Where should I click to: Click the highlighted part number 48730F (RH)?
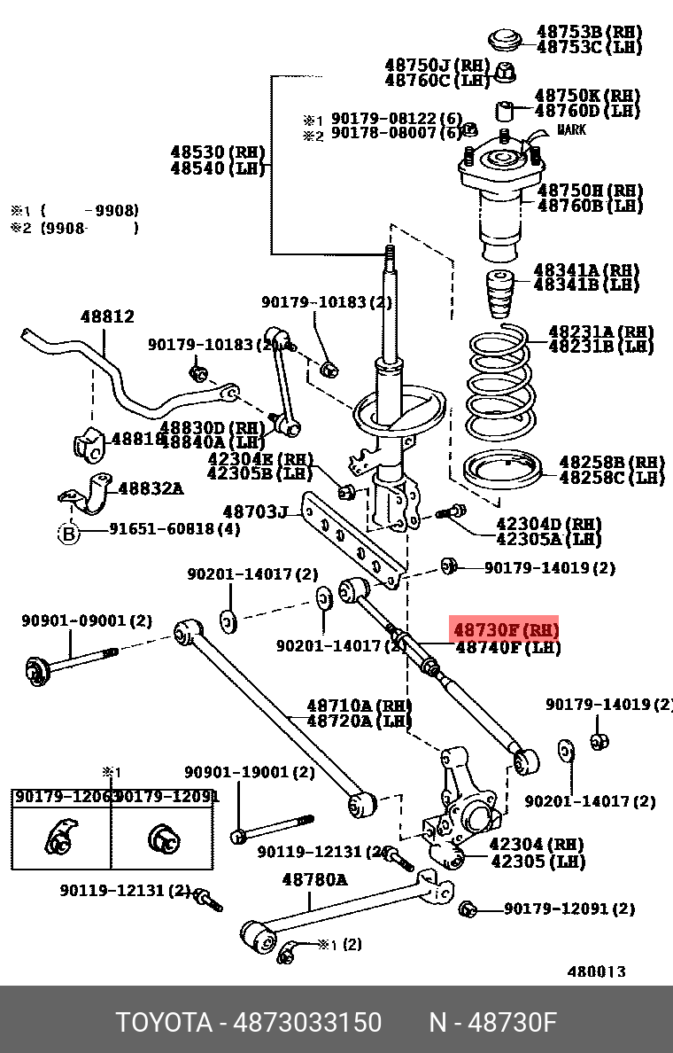tap(505, 630)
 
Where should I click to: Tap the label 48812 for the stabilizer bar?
tap(107, 316)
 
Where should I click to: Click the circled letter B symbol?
tap(69, 533)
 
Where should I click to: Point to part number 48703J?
tap(255, 511)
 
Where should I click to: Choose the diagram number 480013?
tap(596, 971)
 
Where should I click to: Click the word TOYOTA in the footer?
tap(164, 1023)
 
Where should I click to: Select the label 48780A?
tap(314, 880)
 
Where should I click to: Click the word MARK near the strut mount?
tap(571, 130)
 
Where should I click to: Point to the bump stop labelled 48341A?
tap(500, 297)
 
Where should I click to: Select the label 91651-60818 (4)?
tap(174, 530)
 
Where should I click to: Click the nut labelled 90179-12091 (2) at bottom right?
tap(468, 909)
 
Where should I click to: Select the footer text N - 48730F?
tap(492, 1023)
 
